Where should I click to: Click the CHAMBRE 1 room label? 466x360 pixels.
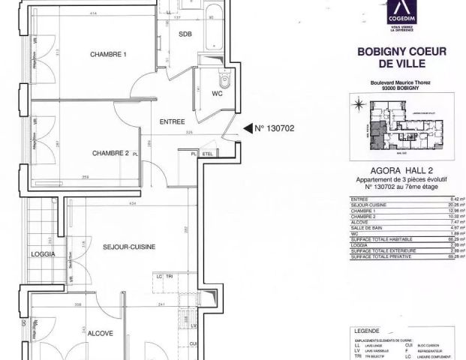click(x=109, y=55)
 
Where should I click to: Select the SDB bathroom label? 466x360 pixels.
click(x=185, y=34)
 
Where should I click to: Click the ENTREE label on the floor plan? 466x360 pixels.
click(x=173, y=121)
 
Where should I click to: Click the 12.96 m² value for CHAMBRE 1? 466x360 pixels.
click(x=452, y=211)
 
